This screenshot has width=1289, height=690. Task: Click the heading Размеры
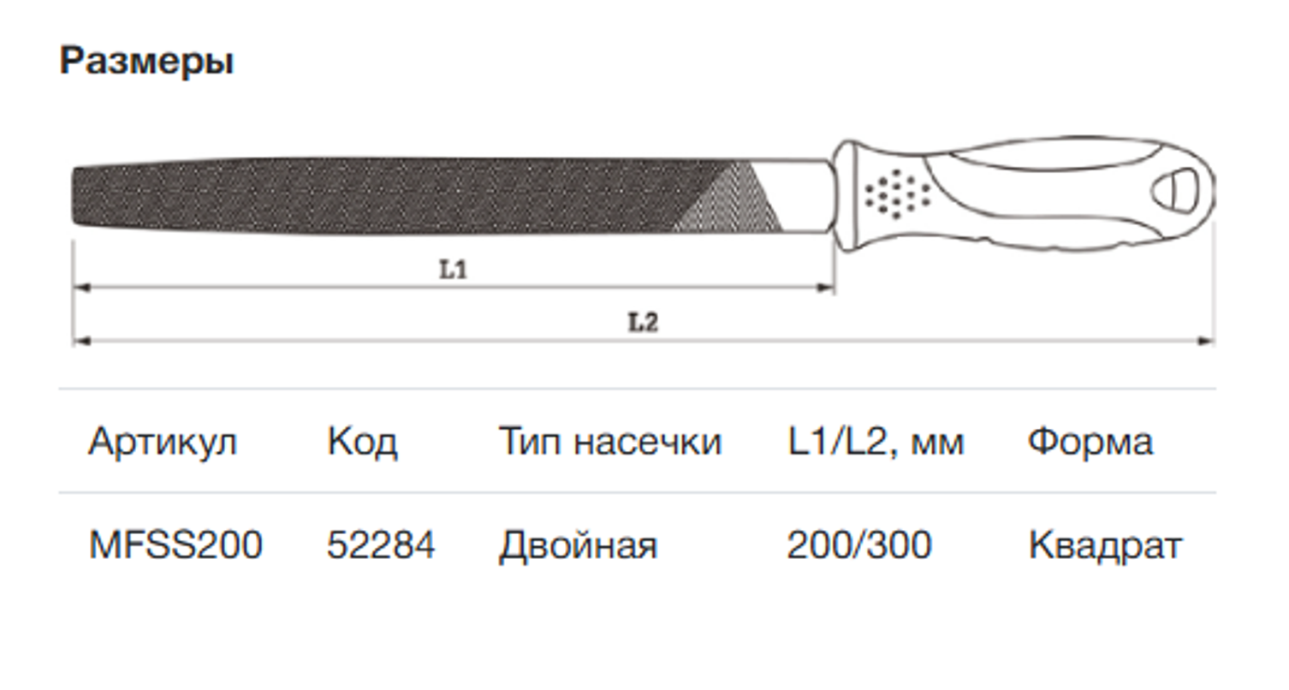click(146, 62)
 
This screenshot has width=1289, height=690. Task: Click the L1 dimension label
click(453, 270)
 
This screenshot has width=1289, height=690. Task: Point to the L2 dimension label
click(643, 323)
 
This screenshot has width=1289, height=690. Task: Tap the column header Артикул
click(163, 442)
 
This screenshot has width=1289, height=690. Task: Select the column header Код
click(362, 442)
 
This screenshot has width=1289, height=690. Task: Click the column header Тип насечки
click(609, 442)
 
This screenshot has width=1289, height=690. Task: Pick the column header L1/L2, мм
click(875, 442)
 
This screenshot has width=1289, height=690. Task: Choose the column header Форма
click(1090, 442)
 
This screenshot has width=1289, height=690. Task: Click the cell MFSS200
click(175, 545)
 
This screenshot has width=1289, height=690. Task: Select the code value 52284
click(381, 545)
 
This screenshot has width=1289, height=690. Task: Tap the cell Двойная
click(578, 545)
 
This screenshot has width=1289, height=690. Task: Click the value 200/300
click(858, 545)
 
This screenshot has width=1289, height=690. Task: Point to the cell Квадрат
click(1104, 545)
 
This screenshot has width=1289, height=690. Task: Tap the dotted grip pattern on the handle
click(896, 193)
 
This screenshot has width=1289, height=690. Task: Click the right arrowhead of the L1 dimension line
click(826, 288)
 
